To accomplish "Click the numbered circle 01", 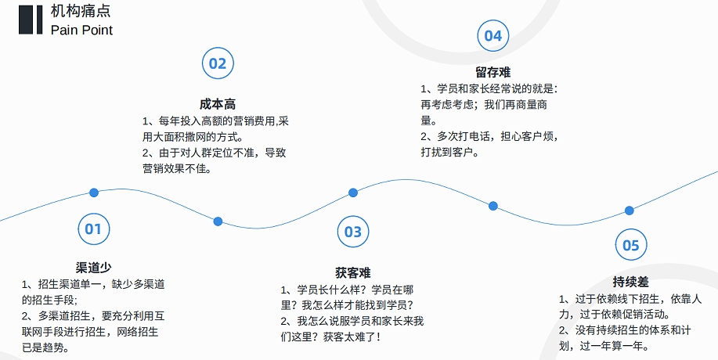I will [x=93, y=229].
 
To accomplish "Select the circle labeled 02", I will [x=218, y=63].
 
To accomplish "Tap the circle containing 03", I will [x=353, y=232].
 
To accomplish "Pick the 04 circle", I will [x=493, y=35].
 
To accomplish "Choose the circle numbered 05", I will [x=630, y=246].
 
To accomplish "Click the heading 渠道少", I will [x=93, y=268].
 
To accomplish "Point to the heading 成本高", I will [x=218, y=104].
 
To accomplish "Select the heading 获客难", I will [x=352, y=272].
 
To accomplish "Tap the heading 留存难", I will [x=492, y=72].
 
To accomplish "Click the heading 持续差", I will [x=630, y=283].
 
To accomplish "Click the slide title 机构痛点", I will [x=81, y=11].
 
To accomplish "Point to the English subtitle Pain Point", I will [x=81, y=30].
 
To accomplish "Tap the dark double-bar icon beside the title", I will [x=31, y=20].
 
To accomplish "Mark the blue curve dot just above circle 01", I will [x=94, y=193].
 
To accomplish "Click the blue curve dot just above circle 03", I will [x=353, y=193].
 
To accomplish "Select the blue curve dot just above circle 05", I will [x=629, y=211].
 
